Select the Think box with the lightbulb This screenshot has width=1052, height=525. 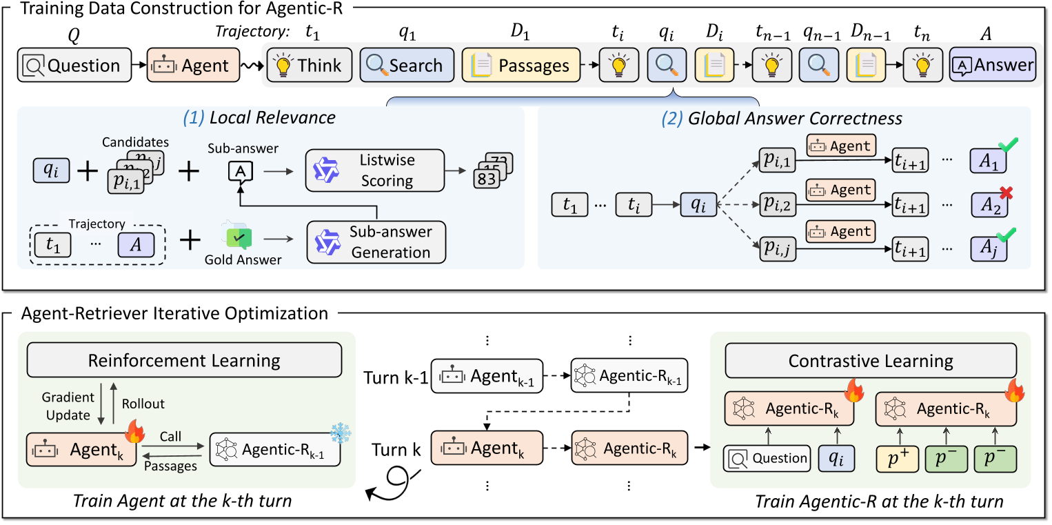click(x=309, y=66)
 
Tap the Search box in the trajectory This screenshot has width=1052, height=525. click(x=407, y=66)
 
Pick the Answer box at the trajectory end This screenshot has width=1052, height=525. click(x=993, y=66)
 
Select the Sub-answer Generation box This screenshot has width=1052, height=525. click(x=376, y=241)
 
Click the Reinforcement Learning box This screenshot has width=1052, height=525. click(x=183, y=360)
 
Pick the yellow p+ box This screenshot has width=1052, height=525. click(x=897, y=458)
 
